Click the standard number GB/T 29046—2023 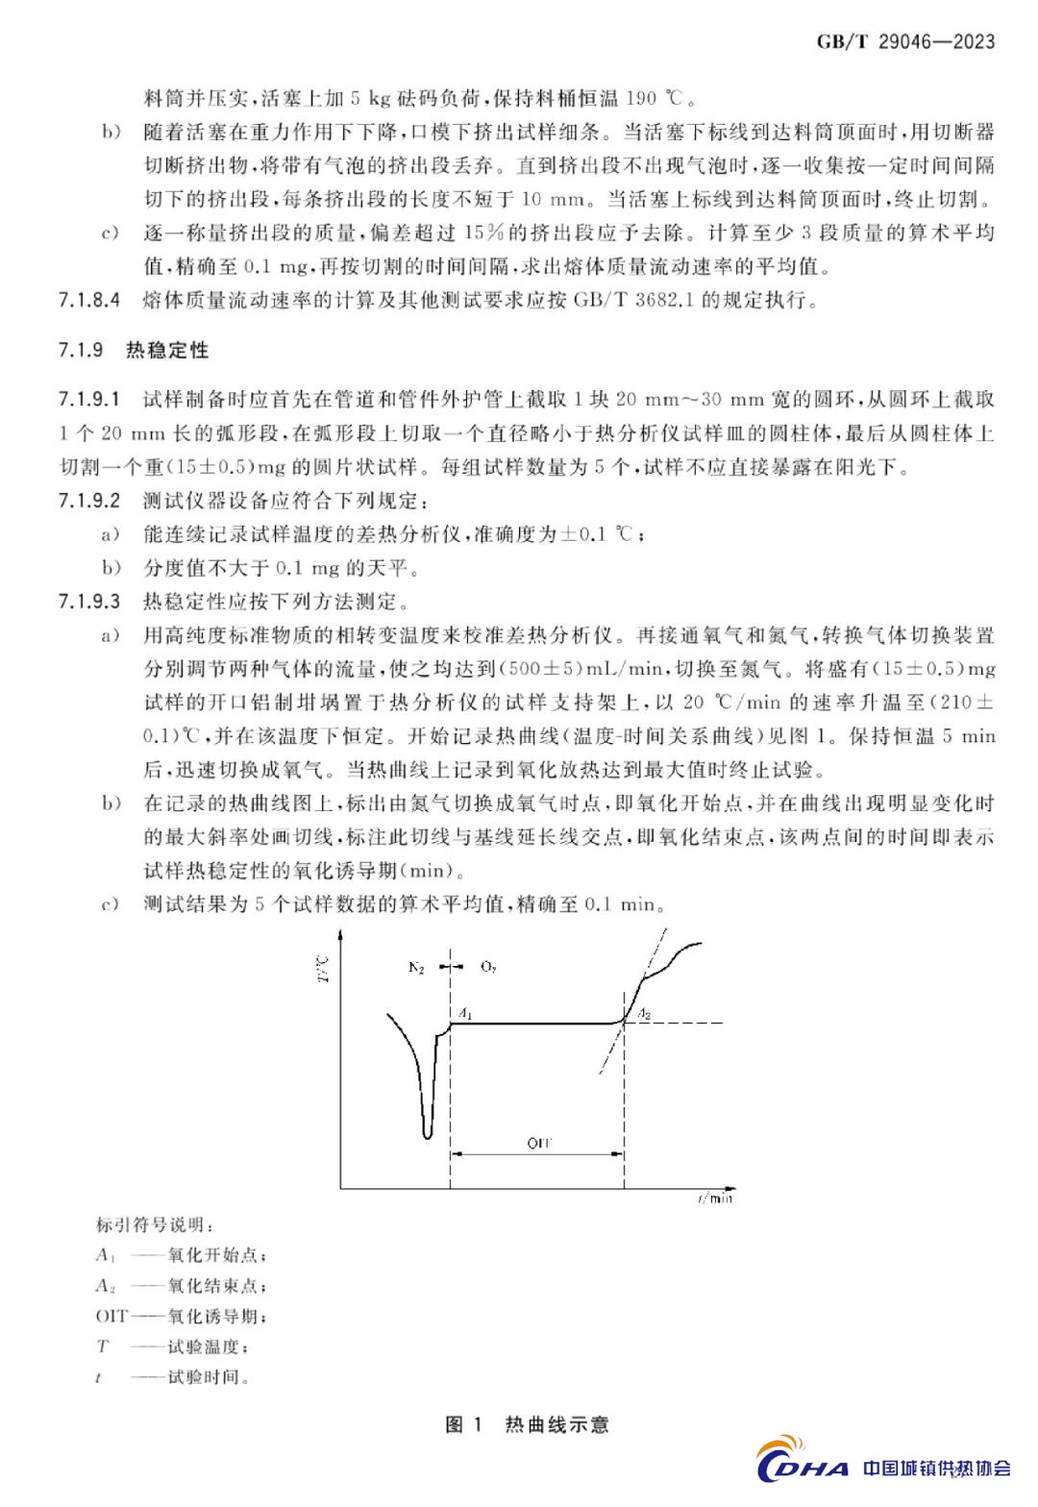pyautogui.click(x=905, y=41)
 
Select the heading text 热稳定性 pyautogui.click(x=167, y=350)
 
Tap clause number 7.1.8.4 pyautogui.click(x=88, y=300)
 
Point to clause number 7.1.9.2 pyautogui.click(x=88, y=501)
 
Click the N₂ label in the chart pyautogui.click(x=416, y=968)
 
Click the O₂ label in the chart pyautogui.click(x=488, y=968)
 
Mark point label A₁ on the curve pyautogui.click(x=464, y=1013)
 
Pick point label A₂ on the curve pyautogui.click(x=645, y=1013)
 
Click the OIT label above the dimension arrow pyautogui.click(x=539, y=1143)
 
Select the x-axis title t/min pyautogui.click(x=714, y=1198)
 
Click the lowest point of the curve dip pyautogui.click(x=427, y=1137)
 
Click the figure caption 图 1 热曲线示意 pyautogui.click(x=528, y=1424)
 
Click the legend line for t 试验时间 pyautogui.click(x=173, y=1377)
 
